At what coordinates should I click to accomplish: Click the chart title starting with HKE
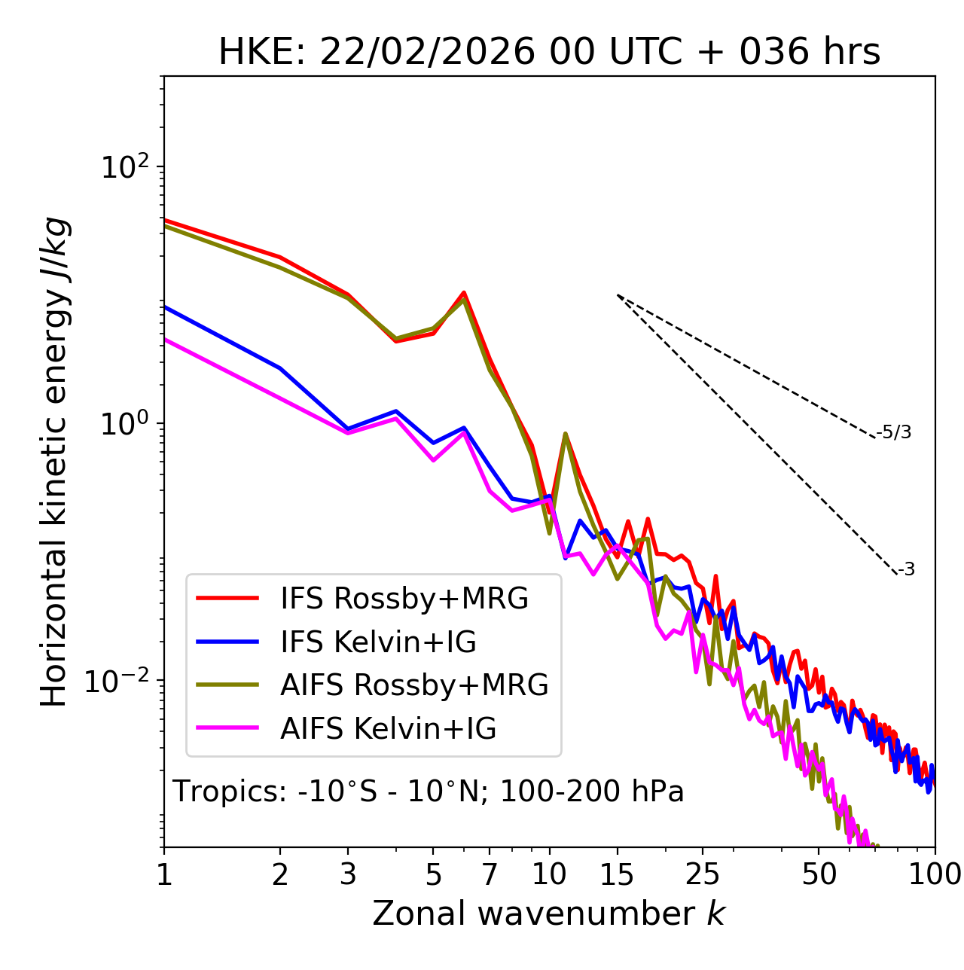tap(549, 53)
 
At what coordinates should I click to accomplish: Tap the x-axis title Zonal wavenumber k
tap(548, 914)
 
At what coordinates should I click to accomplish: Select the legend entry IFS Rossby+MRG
tap(404, 599)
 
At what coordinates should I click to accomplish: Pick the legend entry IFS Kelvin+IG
tap(378, 642)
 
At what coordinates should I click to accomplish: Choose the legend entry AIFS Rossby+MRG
tap(414, 685)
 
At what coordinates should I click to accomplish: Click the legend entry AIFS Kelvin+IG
tap(388, 729)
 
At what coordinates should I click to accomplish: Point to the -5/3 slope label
tap(894, 432)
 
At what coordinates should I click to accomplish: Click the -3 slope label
tap(906, 570)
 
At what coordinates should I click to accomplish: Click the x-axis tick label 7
tap(490, 874)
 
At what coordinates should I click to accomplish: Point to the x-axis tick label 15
tap(617, 874)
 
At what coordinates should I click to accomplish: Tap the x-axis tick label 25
tap(703, 874)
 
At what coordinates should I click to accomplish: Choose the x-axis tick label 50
tap(819, 874)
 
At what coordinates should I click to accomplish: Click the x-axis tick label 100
tap(935, 874)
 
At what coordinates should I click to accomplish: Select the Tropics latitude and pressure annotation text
tap(429, 792)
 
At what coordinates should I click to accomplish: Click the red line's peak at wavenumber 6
tap(464, 292)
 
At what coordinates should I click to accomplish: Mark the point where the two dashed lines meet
tap(618, 295)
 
